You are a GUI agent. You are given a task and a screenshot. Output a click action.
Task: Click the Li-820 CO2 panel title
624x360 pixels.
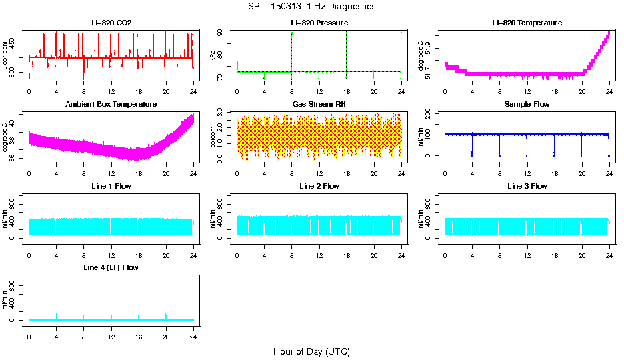(111, 23)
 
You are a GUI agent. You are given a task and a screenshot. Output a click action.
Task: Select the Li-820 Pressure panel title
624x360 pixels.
(320, 23)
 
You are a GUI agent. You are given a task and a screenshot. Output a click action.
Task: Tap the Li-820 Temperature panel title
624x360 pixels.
(527, 23)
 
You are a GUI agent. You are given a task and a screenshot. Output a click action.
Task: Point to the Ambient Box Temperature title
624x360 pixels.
(111, 105)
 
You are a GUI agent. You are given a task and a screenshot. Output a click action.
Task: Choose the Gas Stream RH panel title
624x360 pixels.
(320, 105)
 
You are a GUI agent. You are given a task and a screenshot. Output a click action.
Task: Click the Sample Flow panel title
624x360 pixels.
(527, 105)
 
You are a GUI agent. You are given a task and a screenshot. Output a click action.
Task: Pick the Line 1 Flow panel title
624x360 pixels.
(111, 186)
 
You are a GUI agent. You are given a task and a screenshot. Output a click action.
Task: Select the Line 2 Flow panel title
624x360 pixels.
(320, 186)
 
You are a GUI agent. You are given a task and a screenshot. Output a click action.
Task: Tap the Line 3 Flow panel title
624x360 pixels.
(527, 186)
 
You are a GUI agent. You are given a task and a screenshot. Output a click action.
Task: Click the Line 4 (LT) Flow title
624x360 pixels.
(111, 267)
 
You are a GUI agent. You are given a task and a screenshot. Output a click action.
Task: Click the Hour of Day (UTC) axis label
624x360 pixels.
(311, 351)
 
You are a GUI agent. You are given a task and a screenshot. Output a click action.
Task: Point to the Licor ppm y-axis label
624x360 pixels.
(5, 55)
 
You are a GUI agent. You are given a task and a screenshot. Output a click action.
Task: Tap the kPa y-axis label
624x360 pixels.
(213, 55)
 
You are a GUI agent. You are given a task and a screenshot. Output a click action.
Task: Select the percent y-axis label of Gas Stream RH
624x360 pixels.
(213, 137)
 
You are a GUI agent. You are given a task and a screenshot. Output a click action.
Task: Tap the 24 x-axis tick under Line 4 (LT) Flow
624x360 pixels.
(193, 331)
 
